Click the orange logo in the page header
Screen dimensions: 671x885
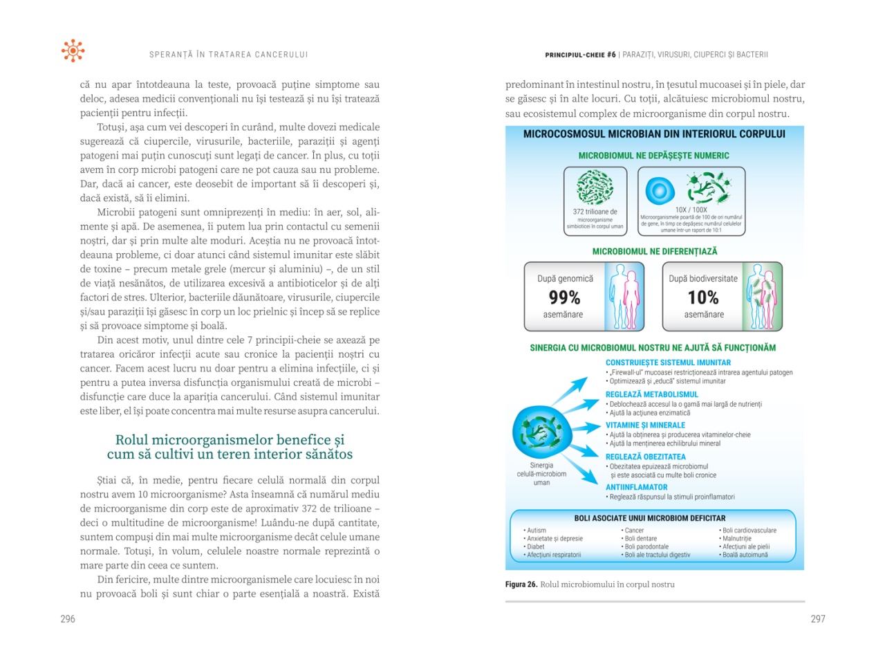[73, 50]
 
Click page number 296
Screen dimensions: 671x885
[68, 619]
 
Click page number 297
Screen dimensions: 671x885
[818, 619]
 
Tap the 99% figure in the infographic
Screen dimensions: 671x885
[564, 297]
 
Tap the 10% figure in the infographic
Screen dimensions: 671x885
[703, 297]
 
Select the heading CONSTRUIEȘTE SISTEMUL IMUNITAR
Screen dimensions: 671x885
[668, 362]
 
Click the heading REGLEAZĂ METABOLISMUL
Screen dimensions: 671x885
[651, 394]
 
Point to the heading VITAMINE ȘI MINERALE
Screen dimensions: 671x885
[645, 425]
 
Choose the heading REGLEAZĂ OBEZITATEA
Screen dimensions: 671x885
[645, 457]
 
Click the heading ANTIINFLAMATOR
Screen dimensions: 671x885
[636, 487]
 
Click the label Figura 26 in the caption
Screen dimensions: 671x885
[521, 585]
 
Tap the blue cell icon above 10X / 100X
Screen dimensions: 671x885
[660, 190]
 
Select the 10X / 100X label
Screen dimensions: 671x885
[691, 210]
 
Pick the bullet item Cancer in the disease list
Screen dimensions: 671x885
[633, 531]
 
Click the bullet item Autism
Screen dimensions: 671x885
[536, 531]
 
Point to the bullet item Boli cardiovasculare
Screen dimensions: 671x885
[749, 531]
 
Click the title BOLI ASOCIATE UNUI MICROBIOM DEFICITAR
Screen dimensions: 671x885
[650, 518]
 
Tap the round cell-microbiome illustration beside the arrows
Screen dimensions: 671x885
[541, 432]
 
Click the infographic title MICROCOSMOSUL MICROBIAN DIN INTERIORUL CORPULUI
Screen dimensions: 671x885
[654, 134]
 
